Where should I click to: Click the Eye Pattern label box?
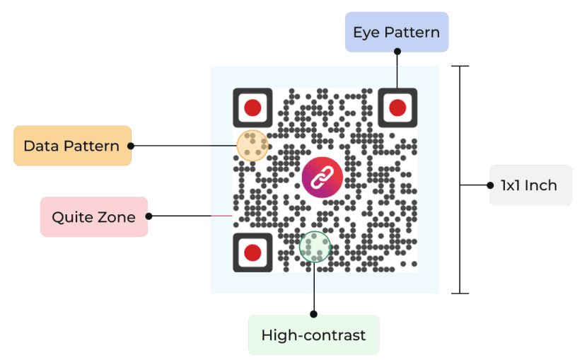click(x=396, y=32)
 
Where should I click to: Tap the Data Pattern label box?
click(x=72, y=146)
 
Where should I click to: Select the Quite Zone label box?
click(x=93, y=216)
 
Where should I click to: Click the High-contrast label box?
click(x=313, y=335)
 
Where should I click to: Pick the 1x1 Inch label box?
click(x=530, y=185)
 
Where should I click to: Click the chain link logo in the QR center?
click(x=322, y=177)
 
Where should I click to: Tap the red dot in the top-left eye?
click(x=252, y=108)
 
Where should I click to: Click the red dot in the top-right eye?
click(x=397, y=108)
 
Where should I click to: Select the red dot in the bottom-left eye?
click(x=252, y=252)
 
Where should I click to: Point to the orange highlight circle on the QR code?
click(x=252, y=146)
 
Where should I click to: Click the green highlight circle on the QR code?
click(x=315, y=247)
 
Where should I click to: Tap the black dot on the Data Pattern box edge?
click(x=131, y=146)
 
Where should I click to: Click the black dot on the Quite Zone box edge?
click(x=149, y=216)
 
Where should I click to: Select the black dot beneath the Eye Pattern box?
click(x=397, y=52)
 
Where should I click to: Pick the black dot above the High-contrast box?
click(x=314, y=313)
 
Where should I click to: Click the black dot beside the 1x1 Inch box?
click(x=489, y=185)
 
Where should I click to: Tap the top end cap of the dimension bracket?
click(x=460, y=66)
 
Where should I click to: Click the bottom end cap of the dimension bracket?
click(x=460, y=292)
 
